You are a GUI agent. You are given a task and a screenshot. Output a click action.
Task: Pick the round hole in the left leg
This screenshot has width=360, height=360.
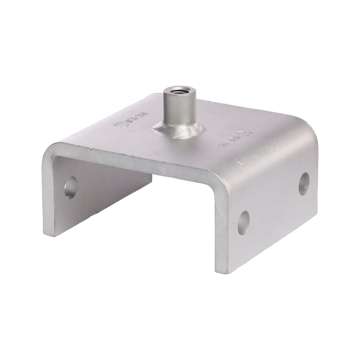[x=71, y=188]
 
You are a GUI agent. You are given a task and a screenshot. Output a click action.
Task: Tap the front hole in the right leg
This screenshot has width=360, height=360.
[x=243, y=222]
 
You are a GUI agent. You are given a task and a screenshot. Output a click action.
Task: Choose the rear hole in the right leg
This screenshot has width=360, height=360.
[x=304, y=184]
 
